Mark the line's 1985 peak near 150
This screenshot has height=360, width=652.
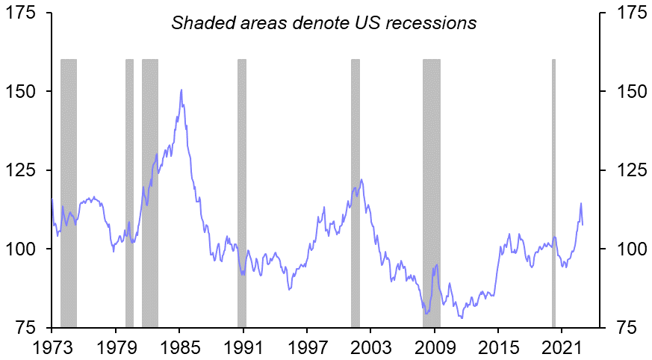click(181, 90)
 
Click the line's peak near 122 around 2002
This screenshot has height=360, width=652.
click(361, 179)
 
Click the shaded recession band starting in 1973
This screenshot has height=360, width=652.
click(69, 187)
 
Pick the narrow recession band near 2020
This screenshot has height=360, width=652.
click(553, 187)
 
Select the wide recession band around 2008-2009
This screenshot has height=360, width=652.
click(432, 187)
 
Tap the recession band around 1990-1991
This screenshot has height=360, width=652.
click(242, 187)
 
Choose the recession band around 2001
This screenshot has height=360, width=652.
click(356, 187)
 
